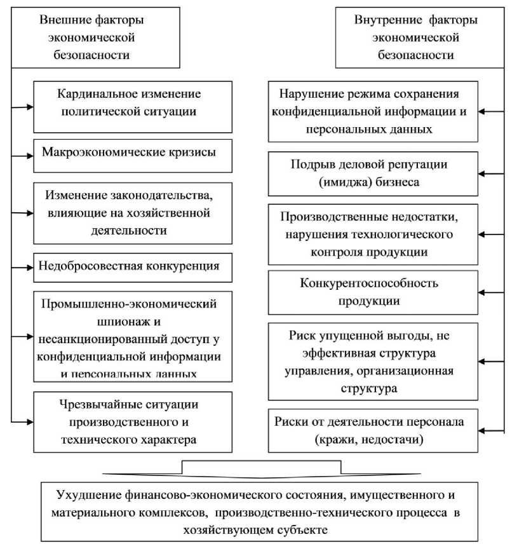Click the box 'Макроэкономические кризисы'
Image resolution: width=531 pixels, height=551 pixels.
pos(129,153)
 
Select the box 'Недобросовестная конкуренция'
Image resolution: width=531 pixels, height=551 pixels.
pos(129,266)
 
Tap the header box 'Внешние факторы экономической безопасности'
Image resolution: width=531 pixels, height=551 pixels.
pos(87,37)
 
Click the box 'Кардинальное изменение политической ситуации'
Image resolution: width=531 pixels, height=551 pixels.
pos(129,103)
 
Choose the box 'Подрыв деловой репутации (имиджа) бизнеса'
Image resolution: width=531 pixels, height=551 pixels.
pos(373,173)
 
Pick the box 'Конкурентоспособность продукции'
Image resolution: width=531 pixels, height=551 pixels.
pos(373,292)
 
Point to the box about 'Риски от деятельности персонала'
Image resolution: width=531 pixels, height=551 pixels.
pos(373,430)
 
